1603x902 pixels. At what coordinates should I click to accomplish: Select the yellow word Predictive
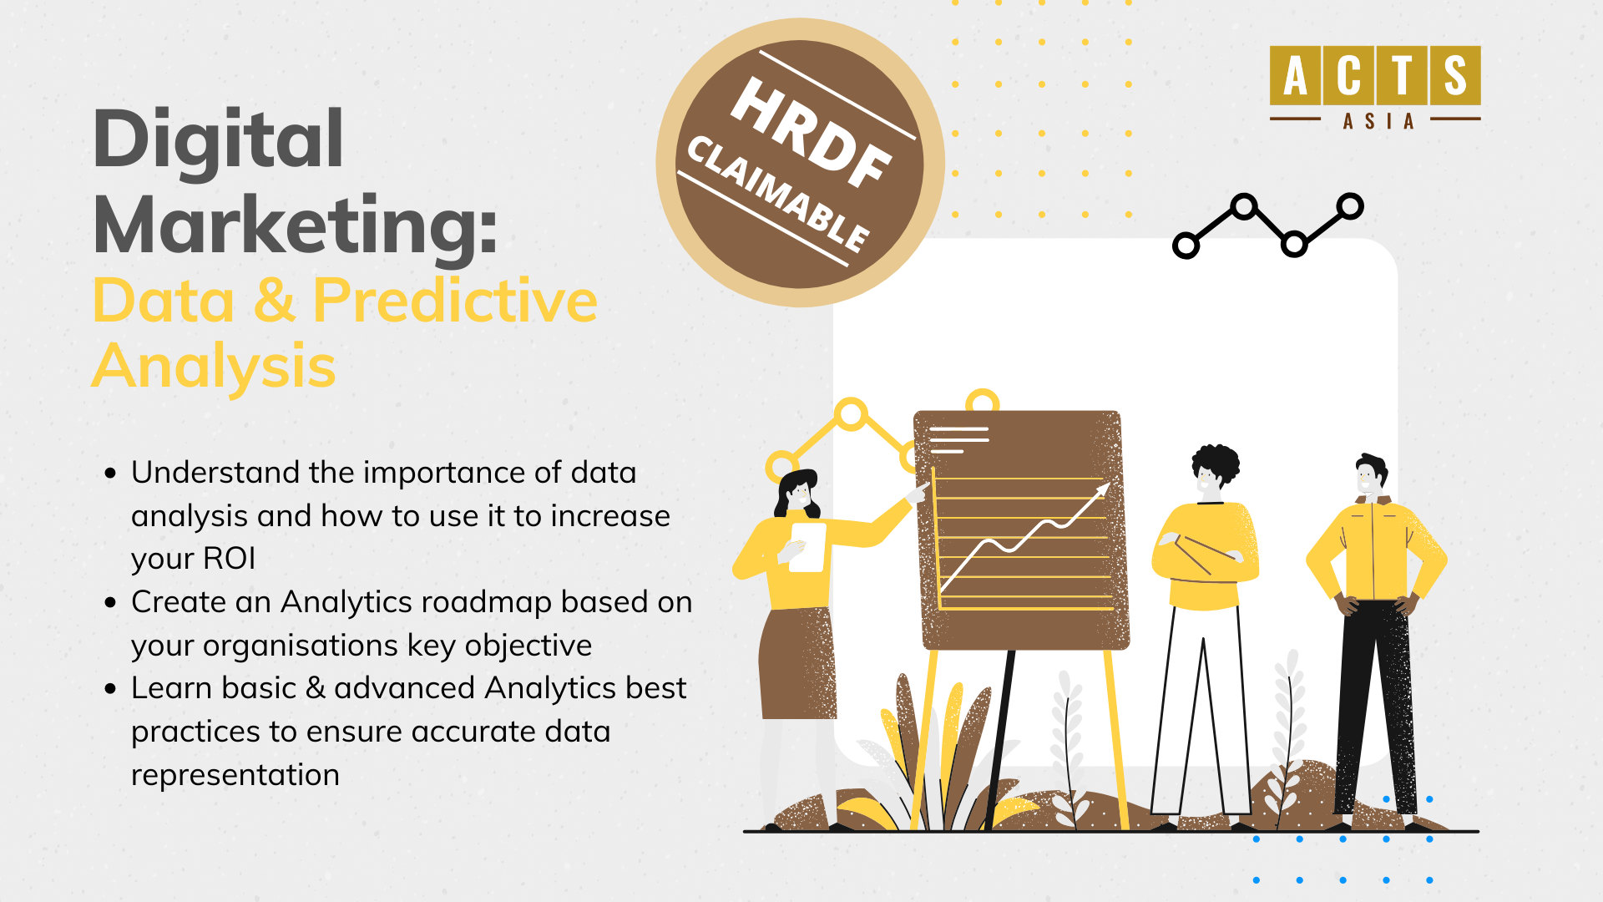455,300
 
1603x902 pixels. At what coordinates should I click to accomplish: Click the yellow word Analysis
214,367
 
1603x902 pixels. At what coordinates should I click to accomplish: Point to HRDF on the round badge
810,132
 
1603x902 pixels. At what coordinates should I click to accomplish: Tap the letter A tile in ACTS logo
1295,75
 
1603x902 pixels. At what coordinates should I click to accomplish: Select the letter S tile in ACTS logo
1455,75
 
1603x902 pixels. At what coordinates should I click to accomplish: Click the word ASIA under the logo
1378,122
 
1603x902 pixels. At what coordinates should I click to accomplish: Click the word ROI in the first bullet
229,559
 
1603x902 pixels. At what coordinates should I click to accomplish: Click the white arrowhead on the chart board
1103,489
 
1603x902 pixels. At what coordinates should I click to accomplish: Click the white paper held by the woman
807,548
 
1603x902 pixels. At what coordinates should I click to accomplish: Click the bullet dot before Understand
110,474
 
